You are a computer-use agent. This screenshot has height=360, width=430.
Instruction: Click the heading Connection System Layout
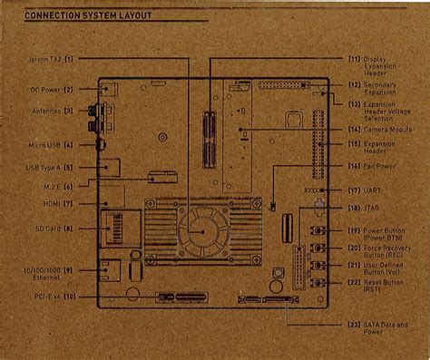point(88,16)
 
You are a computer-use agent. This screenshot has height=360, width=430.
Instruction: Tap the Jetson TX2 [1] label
point(53,59)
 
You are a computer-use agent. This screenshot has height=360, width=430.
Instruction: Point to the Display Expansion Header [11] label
point(366,65)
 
